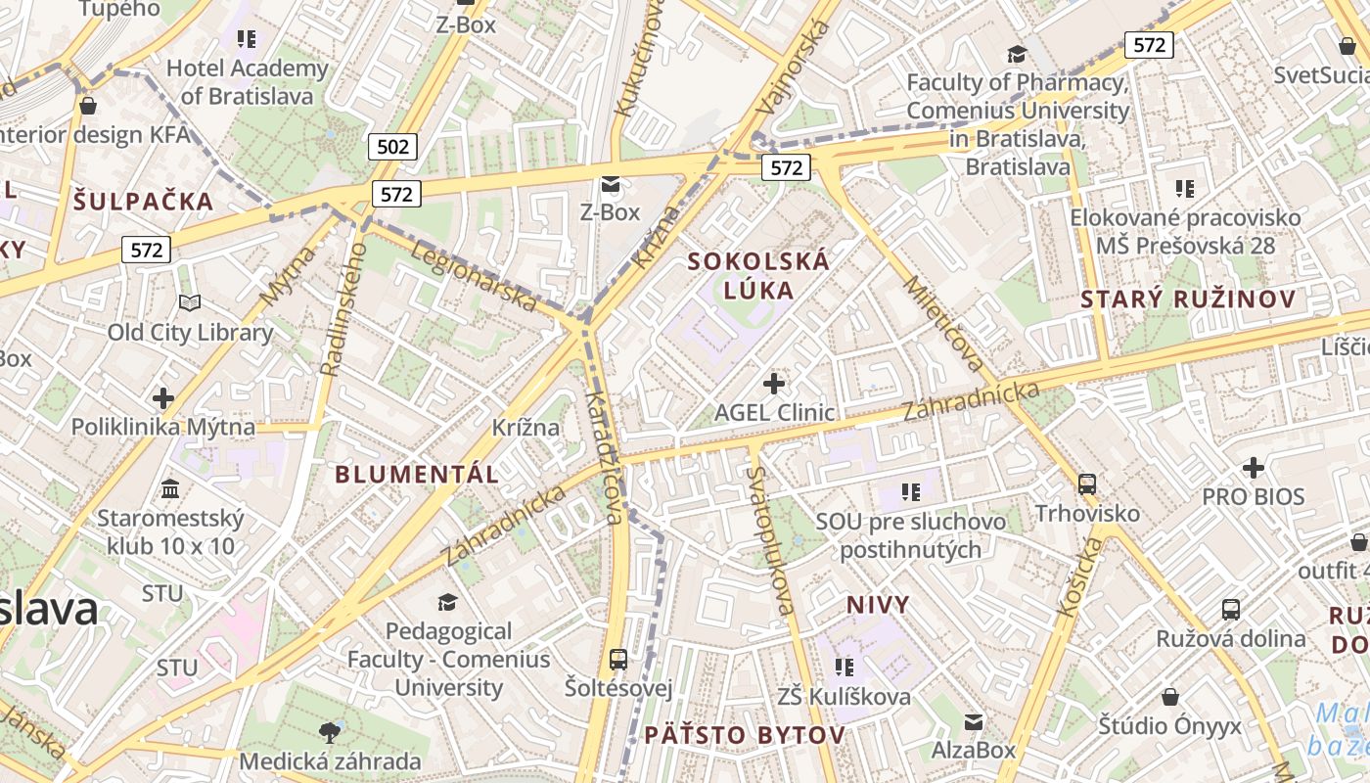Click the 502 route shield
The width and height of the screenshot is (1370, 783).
[x=392, y=147]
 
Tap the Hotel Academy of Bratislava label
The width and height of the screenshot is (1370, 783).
[x=247, y=82]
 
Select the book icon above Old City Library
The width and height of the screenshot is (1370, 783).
[x=190, y=303]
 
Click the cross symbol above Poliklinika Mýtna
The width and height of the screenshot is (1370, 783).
[x=163, y=398]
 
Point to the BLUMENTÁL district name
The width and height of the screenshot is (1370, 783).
[x=417, y=475]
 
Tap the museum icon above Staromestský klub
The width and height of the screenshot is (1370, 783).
[x=170, y=488]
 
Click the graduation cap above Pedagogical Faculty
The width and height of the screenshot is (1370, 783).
[x=447, y=602]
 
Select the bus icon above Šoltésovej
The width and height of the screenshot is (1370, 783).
[x=617, y=659]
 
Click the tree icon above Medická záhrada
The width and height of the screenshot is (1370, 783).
[x=330, y=731]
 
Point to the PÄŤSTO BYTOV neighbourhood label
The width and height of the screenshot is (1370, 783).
[x=745, y=735]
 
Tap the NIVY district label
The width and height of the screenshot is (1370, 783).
[x=878, y=605]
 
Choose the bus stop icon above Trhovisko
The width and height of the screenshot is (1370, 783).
[x=1086, y=483]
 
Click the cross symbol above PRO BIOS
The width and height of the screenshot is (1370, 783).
[x=1253, y=467]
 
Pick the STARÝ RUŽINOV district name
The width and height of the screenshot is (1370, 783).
[x=1188, y=299]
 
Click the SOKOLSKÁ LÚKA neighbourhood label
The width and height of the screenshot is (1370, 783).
[x=758, y=275]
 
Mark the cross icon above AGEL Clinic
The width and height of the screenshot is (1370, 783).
[x=774, y=383]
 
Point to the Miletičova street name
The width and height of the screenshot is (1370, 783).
[x=943, y=323]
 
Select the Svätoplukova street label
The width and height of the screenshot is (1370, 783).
[x=770, y=539]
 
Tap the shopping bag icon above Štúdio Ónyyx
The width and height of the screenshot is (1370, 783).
[x=1169, y=697]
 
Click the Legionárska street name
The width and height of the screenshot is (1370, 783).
[x=474, y=277]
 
